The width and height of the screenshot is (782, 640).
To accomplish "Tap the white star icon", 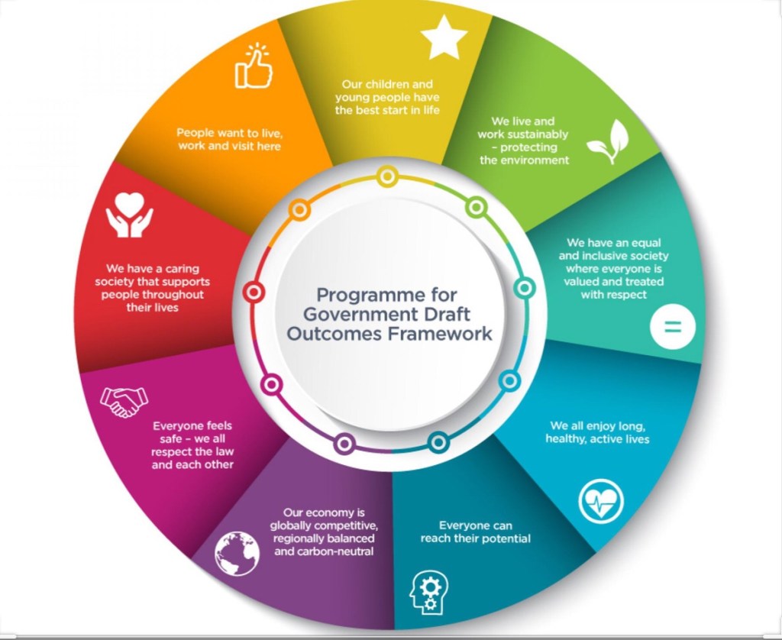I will click(x=444, y=38).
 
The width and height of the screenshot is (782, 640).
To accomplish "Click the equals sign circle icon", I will click(x=672, y=327).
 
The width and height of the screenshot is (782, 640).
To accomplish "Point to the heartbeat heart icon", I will click(x=602, y=503).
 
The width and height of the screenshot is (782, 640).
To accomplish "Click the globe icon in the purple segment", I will click(x=238, y=553).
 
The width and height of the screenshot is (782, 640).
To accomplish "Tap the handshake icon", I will click(x=124, y=401).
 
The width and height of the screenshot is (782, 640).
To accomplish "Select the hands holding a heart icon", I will click(x=129, y=213).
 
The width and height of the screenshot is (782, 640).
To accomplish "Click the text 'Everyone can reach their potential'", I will click(x=475, y=532).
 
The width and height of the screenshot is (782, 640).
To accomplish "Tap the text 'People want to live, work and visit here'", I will click(x=228, y=138).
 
